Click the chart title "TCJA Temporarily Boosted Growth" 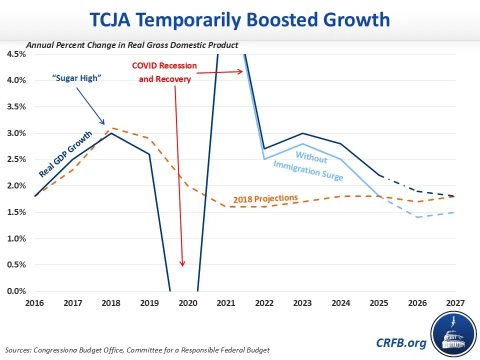point(239,20)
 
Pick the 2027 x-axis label point(455,302)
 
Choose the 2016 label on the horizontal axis point(35,302)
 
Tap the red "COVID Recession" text point(164,66)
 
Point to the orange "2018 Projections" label point(265,198)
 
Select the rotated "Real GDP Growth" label point(66,154)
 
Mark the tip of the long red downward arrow point(183,266)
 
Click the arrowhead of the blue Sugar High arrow point(104,124)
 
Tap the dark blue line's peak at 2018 point(111,133)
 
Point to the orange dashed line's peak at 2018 point(111,128)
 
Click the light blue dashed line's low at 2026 point(417,217)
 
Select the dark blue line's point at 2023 point(302,133)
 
